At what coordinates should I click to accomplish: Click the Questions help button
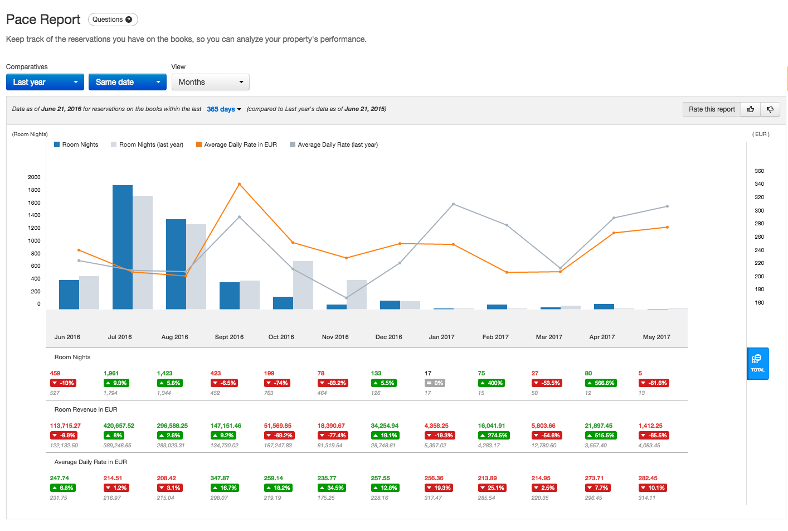coord(113,20)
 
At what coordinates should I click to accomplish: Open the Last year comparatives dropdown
coord(45,82)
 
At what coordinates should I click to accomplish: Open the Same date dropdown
coord(128,82)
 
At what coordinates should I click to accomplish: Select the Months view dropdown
coord(210,82)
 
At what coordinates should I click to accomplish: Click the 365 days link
coord(223,109)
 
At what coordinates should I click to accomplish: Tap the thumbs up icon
coord(751,109)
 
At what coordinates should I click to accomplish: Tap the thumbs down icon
coord(770,109)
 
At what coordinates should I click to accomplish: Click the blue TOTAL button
coord(757,364)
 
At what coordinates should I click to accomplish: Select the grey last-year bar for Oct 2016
coord(303,285)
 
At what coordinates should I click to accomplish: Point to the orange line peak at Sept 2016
coord(239,184)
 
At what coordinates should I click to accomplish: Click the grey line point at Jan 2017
coord(453,204)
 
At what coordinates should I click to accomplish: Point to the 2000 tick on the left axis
coord(34,177)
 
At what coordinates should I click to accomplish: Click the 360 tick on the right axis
coord(759,171)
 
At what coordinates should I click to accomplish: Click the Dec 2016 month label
coord(388,337)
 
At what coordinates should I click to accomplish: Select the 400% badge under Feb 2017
coord(492,383)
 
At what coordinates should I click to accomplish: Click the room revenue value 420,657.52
coord(119,426)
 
